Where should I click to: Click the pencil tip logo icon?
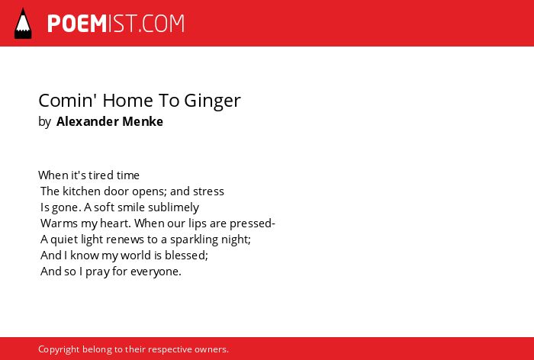point(23,23)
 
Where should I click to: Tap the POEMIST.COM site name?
point(116,24)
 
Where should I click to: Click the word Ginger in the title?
point(213,101)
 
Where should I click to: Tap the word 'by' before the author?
point(44,122)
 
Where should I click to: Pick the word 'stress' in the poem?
point(208,191)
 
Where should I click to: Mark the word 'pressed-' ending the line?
point(253,223)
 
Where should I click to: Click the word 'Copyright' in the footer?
point(59,349)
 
